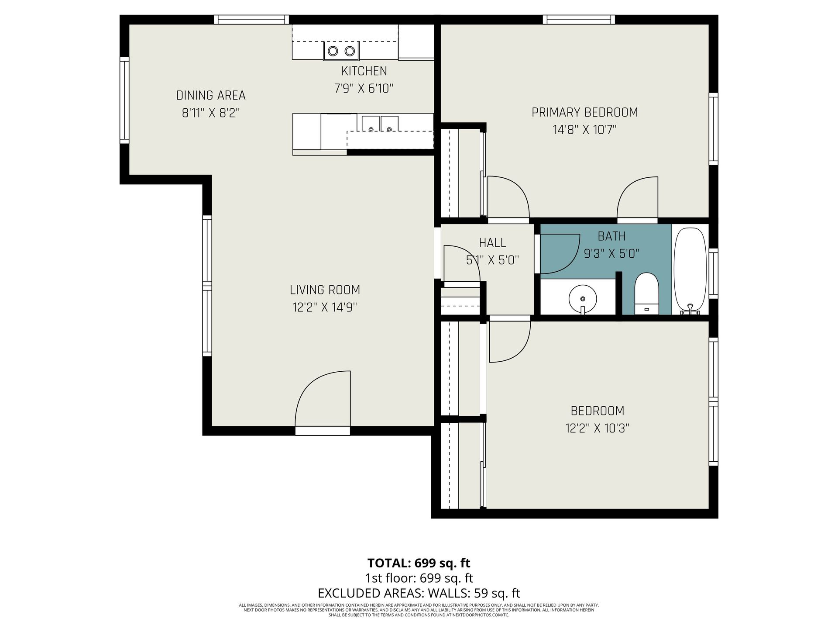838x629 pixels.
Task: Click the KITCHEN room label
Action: (364, 71)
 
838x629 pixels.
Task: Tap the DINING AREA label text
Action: (211, 95)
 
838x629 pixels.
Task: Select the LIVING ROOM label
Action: (325, 290)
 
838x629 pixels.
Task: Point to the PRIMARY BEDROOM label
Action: (584, 112)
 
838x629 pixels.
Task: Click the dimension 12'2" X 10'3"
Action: (597, 428)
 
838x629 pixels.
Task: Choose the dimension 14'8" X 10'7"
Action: (584, 130)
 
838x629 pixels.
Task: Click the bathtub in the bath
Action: (690, 270)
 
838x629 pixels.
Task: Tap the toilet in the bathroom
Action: (646, 294)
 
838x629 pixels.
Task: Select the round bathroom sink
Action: (583, 298)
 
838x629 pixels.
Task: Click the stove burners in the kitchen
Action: (341, 51)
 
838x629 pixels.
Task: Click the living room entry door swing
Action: (323, 398)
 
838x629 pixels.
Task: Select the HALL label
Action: (492, 243)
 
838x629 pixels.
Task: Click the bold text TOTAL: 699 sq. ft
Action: (419, 563)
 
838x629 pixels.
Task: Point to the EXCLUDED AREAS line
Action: (419, 593)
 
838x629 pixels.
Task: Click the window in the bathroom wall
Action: (713, 273)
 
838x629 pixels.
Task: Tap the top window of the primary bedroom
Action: (579, 20)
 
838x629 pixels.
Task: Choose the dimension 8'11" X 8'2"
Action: (211, 113)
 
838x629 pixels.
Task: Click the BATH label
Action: (611, 236)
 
